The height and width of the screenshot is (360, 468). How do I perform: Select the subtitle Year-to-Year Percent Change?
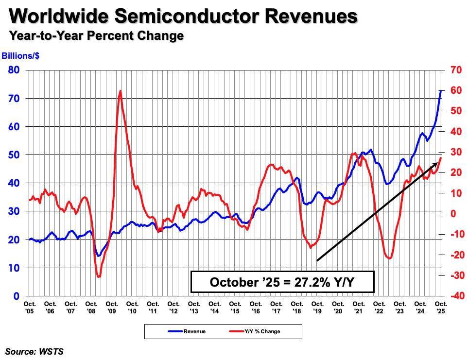point(96,36)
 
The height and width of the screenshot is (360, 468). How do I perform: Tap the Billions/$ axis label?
point(20,56)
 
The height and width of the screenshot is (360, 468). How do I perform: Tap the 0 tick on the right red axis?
point(452,214)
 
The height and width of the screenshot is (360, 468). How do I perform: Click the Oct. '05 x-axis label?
point(29,307)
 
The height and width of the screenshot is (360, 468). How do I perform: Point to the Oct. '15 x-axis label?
point(235,307)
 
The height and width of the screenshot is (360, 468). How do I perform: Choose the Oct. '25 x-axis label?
point(440,307)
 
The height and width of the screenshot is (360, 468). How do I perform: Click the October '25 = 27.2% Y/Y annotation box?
point(282,282)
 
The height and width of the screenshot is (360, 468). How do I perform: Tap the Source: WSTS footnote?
point(35,351)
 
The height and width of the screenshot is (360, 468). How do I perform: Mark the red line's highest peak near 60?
point(120,91)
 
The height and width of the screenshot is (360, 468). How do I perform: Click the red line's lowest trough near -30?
point(99,276)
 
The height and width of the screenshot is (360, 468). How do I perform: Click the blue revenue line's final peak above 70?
point(441,91)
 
